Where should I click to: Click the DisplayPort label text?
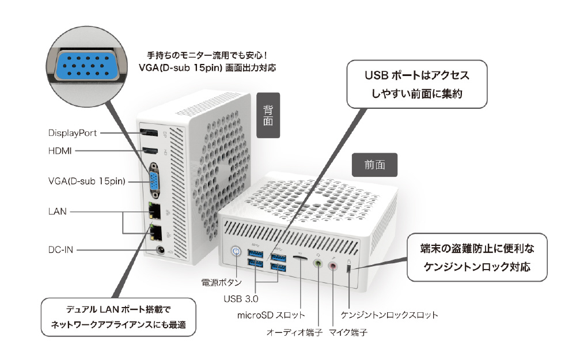pos(72,132)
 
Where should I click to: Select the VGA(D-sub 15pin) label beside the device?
pos(87,182)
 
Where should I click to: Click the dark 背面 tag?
pos(268,115)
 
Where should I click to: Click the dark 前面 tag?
pos(374,165)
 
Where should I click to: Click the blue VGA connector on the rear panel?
pos(154,181)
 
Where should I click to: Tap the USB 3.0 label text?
pos(241,298)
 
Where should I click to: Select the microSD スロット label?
pos(271,315)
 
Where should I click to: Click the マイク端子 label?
pos(348,332)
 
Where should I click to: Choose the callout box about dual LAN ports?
pos(119,317)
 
